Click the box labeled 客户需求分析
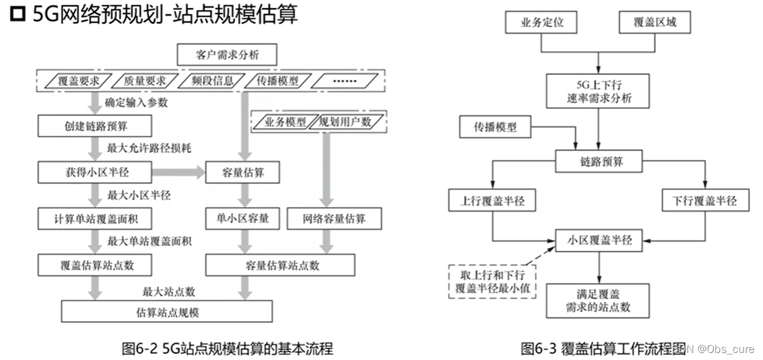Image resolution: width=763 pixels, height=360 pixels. click(x=227, y=56)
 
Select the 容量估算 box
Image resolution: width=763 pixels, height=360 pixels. click(x=242, y=172)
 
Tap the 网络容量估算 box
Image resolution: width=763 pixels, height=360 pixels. click(x=334, y=219)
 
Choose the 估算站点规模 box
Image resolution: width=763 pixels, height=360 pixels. click(x=167, y=312)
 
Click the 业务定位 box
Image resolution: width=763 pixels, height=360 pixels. click(x=541, y=23)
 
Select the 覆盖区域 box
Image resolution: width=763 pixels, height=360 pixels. click(x=655, y=23)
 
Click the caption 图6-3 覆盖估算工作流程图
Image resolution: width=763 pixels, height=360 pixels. click(x=603, y=349)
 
